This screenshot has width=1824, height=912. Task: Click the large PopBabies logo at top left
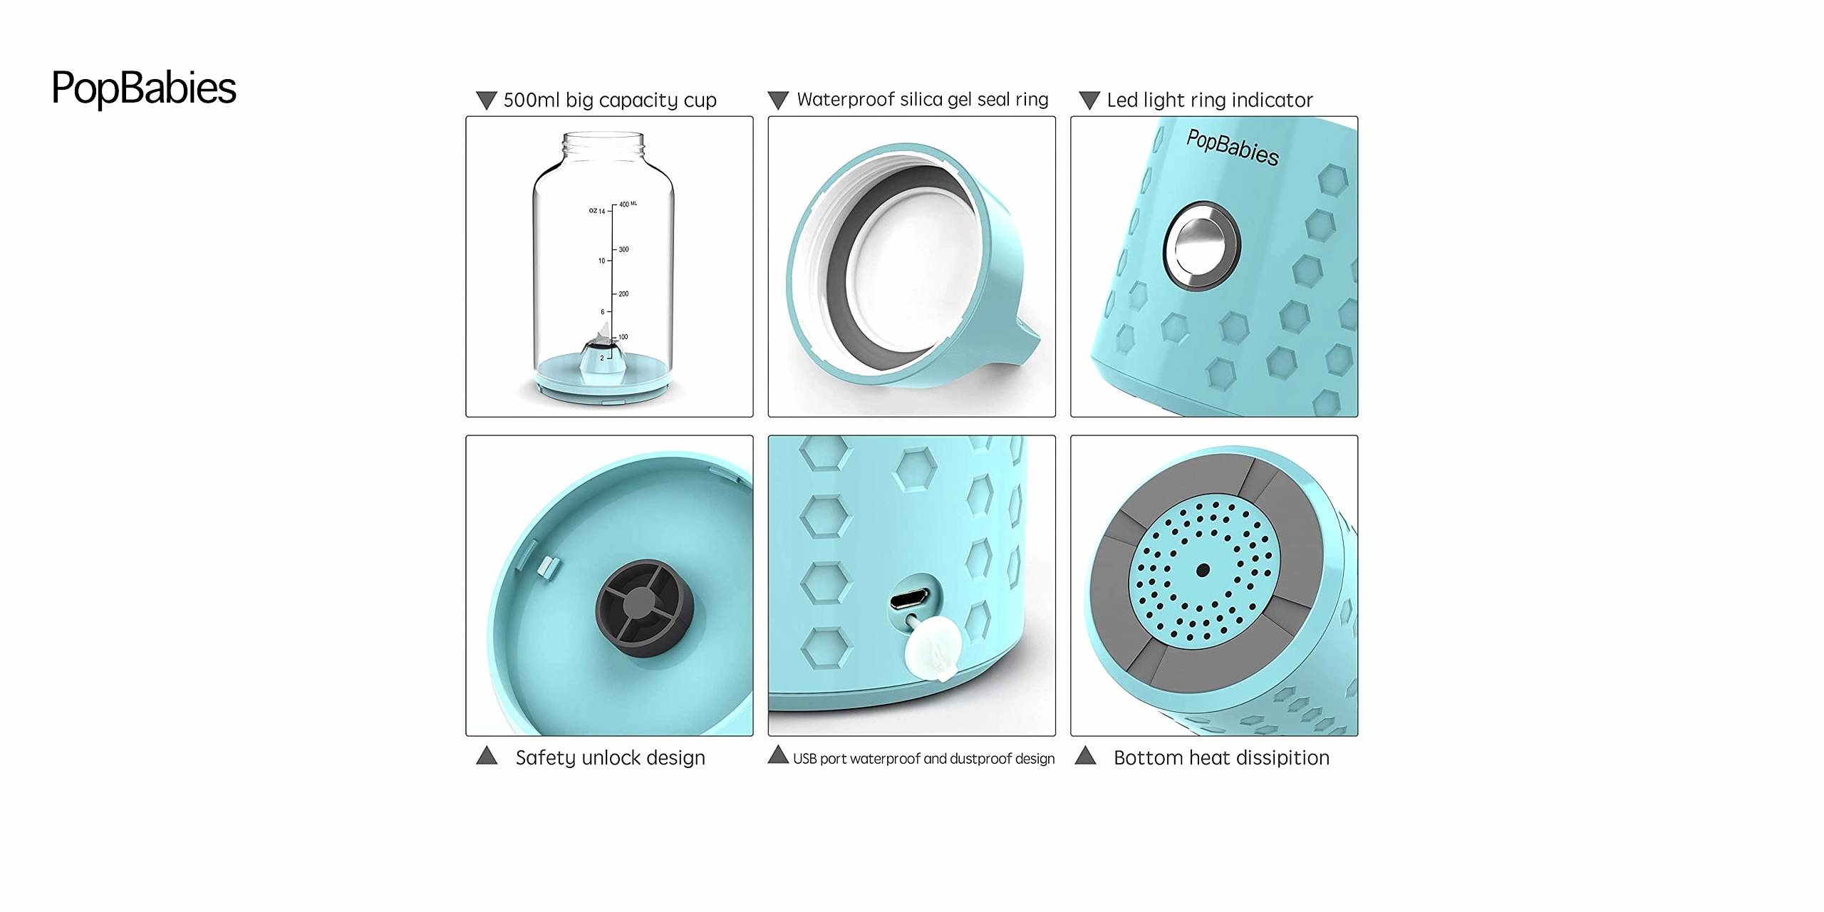(144, 88)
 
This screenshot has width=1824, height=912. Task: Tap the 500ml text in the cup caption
(532, 100)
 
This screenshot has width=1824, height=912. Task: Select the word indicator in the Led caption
(1273, 100)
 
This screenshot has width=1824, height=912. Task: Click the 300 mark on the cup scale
(623, 249)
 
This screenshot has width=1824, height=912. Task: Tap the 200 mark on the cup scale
(623, 294)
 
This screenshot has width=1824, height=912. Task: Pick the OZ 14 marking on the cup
(597, 211)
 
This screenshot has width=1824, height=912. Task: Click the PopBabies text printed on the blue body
(1233, 147)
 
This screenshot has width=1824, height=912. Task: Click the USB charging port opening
(910, 598)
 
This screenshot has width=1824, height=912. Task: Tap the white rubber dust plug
(932, 647)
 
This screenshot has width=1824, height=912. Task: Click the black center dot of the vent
(1203, 570)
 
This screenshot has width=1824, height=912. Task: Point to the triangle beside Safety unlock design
(487, 755)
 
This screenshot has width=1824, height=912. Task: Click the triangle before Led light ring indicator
(1089, 100)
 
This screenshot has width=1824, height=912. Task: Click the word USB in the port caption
(804, 759)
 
